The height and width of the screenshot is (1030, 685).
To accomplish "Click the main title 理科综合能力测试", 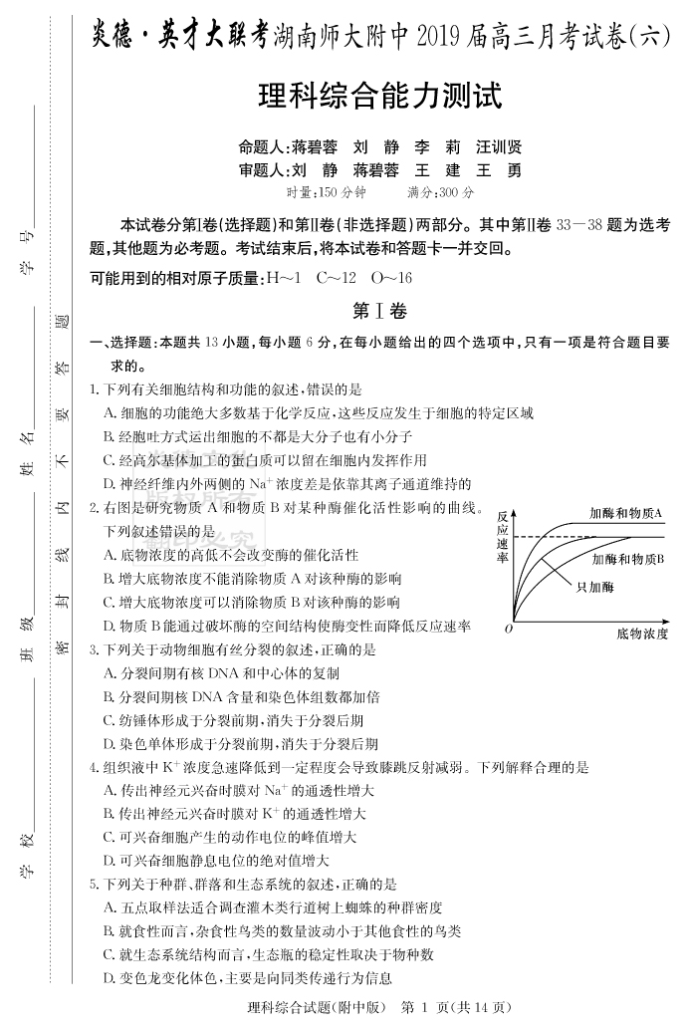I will point(379,97).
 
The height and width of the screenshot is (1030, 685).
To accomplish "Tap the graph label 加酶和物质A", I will point(625,513).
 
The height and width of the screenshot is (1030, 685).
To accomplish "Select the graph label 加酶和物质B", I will point(628,559).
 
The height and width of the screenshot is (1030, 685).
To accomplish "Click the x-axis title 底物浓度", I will point(641,633).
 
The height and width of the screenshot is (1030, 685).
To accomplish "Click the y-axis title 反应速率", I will point(503,537).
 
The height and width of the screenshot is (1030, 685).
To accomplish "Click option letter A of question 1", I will point(110,412).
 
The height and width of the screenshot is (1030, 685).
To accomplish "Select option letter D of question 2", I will point(110,626).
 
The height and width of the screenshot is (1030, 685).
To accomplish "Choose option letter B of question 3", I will point(110,696).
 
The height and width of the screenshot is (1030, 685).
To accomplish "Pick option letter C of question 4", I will point(110,838).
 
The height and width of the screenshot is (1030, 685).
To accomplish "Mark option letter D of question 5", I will point(110,978).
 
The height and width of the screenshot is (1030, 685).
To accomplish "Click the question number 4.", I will point(93,768).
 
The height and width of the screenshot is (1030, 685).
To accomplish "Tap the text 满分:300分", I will point(441,192).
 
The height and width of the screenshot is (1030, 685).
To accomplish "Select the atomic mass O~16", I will point(390,278).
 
